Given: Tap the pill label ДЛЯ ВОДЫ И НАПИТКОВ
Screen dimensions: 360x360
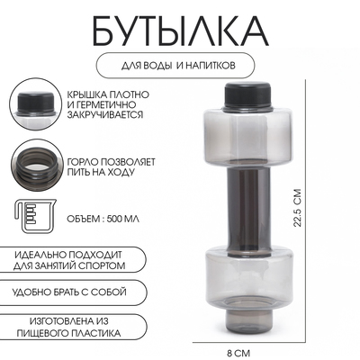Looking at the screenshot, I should [x=179, y=66].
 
